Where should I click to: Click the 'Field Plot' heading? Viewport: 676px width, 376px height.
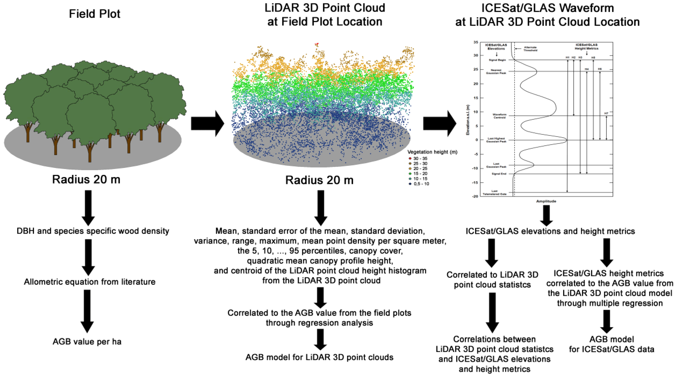[95, 14]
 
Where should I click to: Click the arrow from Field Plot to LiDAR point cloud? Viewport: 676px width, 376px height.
[207, 123]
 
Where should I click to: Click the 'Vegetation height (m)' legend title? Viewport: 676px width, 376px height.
[432, 152]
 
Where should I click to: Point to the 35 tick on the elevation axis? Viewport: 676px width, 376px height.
[476, 42]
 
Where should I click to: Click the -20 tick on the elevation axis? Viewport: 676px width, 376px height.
[475, 196]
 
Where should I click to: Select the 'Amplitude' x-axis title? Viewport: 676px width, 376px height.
[546, 201]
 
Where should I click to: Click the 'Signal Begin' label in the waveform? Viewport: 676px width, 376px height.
[497, 60]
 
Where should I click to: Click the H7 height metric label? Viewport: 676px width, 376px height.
[606, 113]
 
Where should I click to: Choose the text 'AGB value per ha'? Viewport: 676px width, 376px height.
[87, 342]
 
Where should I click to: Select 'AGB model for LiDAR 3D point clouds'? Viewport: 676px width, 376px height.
[319, 357]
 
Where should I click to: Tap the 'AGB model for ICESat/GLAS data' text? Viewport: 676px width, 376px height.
[611, 344]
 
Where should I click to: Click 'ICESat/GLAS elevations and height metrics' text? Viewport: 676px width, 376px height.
[550, 231]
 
